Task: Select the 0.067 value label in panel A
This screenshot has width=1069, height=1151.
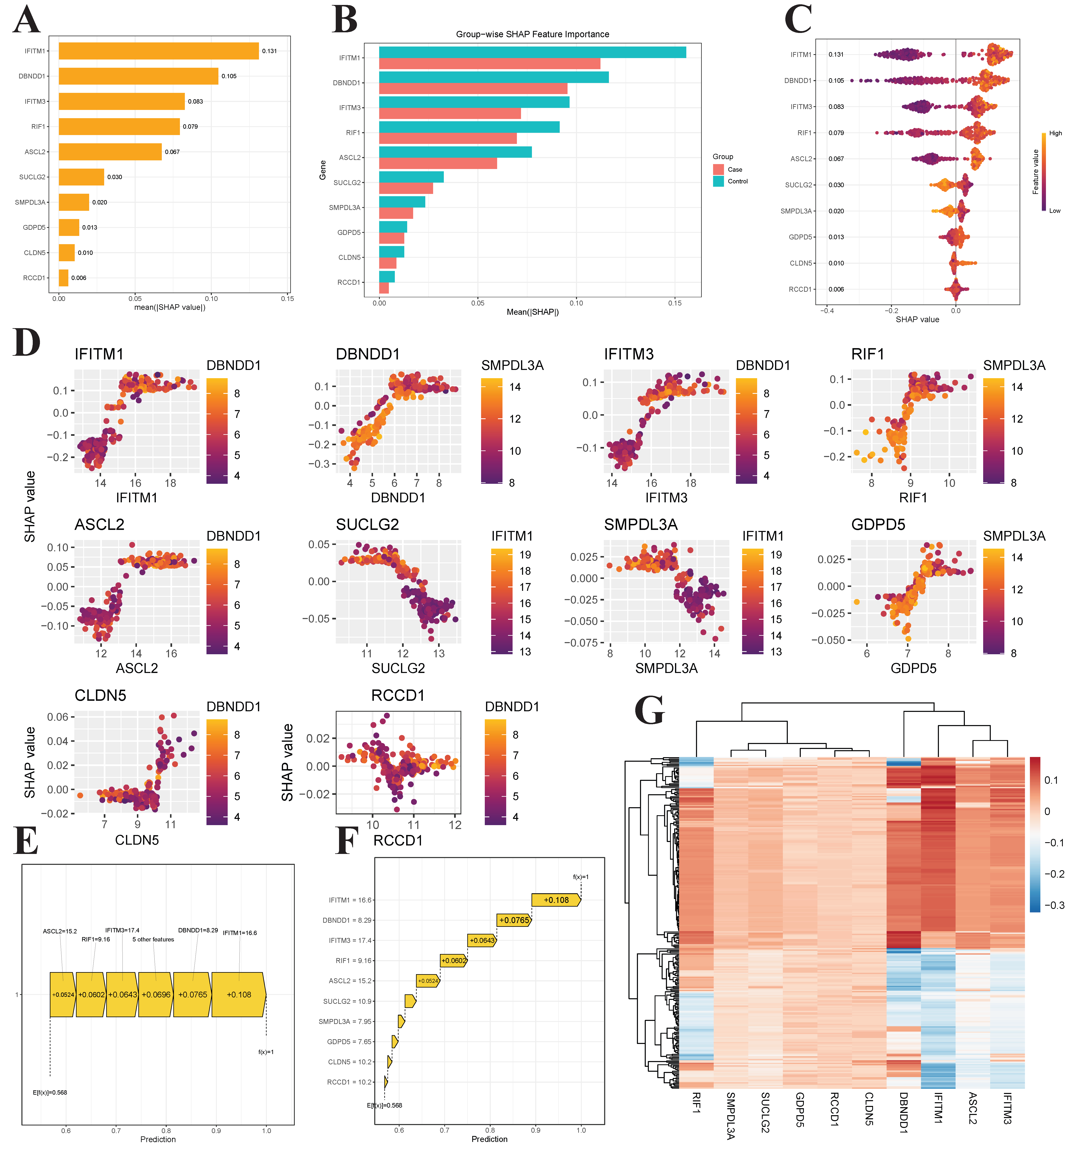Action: pyautogui.click(x=172, y=152)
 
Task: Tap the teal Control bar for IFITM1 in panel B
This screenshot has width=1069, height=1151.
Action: pyautogui.click(x=532, y=52)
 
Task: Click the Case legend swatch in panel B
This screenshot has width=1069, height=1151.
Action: pyautogui.click(x=718, y=169)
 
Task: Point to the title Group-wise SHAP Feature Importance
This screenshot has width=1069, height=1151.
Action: pyautogui.click(x=532, y=34)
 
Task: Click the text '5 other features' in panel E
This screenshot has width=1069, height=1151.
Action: pyautogui.click(x=153, y=939)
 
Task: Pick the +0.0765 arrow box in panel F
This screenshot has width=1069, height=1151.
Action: pyautogui.click(x=514, y=920)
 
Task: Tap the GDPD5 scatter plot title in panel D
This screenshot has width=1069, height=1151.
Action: pyautogui.click(x=878, y=525)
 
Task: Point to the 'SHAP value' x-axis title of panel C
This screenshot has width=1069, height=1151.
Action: pyautogui.click(x=917, y=319)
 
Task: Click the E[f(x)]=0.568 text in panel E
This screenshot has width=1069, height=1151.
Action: pyautogui.click(x=50, y=1093)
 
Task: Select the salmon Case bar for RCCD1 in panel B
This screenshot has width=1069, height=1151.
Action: pyautogui.click(x=384, y=288)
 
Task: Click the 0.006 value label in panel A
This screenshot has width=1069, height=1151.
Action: pyautogui.click(x=79, y=278)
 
